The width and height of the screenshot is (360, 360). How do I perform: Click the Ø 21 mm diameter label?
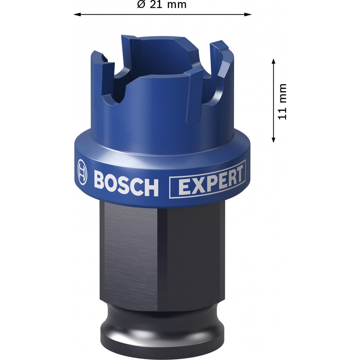coord(162,4)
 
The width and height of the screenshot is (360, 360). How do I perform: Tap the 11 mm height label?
coord(282,102)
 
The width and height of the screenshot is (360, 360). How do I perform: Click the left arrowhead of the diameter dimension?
coord(77,14)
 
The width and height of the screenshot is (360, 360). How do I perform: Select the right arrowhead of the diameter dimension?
coord(248,14)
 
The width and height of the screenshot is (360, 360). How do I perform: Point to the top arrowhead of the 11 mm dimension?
coord(273,62)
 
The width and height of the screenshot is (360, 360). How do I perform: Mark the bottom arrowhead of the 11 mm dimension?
coord(273,139)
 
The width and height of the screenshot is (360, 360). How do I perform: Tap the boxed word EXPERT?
coord(207,180)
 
